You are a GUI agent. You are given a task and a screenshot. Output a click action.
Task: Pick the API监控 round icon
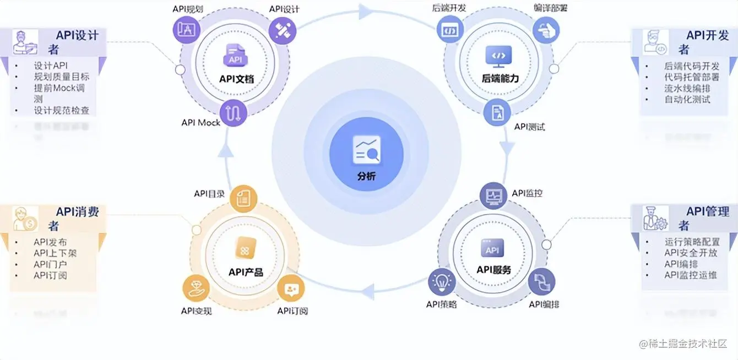493,195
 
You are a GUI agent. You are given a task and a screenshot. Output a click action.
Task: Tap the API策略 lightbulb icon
442,281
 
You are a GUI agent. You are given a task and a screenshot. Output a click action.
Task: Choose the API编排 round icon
541,281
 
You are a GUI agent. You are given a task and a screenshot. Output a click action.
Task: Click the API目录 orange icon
243,198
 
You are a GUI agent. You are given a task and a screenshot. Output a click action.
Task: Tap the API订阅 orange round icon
291,288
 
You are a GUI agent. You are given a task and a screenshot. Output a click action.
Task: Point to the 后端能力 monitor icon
498,56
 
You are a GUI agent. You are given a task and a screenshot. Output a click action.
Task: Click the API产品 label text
246,271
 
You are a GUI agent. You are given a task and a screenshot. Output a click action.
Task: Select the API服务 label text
493,270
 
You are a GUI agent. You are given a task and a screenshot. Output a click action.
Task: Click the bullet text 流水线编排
687,88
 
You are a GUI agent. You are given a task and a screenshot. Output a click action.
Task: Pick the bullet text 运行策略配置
692,242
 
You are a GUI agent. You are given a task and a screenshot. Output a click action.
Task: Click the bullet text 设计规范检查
61,110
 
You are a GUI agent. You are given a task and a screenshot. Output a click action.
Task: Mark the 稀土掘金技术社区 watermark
683,343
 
